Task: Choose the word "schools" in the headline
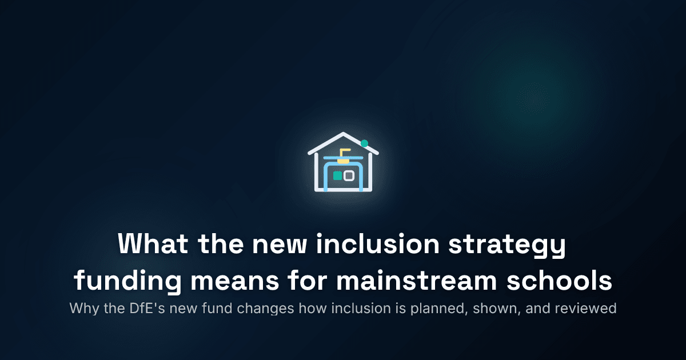[566, 282]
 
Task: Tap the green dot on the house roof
[364, 143]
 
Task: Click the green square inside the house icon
[337, 176]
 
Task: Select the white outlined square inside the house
[348, 176]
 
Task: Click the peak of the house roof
[343, 135]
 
